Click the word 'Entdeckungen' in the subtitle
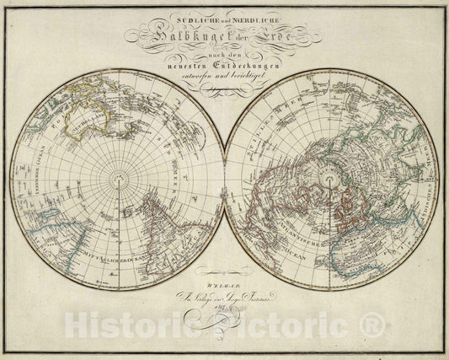[252, 65]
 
